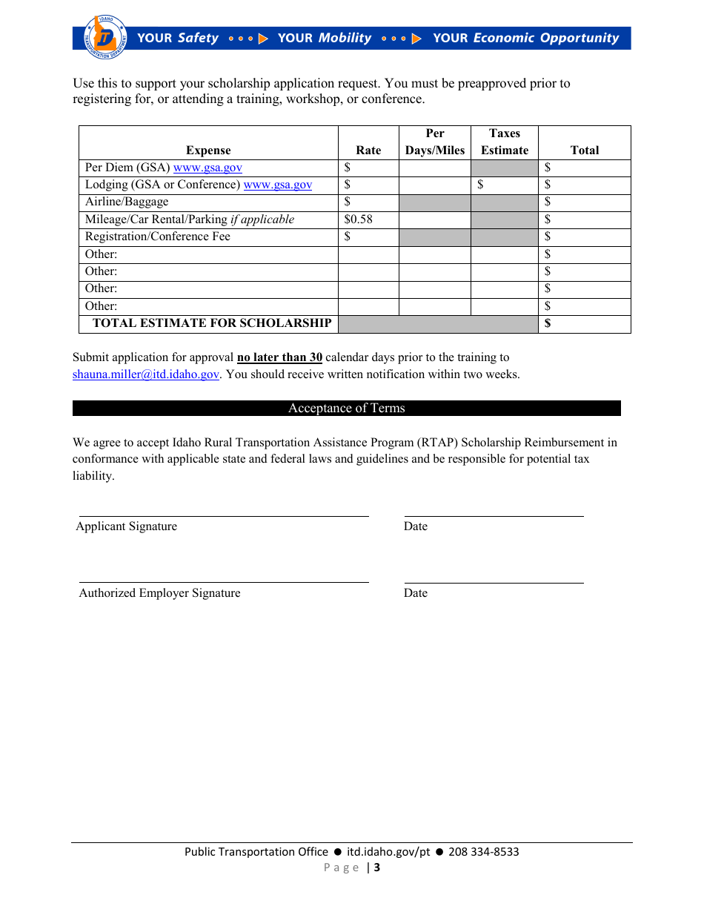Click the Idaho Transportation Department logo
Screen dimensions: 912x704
(x=106, y=37)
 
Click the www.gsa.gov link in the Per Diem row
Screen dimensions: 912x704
(x=207, y=168)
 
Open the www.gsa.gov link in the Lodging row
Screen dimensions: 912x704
(x=278, y=185)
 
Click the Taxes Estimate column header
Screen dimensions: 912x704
(x=505, y=142)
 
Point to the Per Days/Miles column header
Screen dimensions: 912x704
(x=435, y=142)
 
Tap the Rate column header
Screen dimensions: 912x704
(x=368, y=150)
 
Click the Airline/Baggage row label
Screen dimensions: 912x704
(x=127, y=202)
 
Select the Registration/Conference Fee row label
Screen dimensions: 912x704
(x=158, y=237)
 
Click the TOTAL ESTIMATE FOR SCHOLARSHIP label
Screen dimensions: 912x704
(x=212, y=323)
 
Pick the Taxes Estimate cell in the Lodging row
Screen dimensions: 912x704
(x=504, y=185)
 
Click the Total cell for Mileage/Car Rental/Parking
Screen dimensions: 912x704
(x=584, y=219)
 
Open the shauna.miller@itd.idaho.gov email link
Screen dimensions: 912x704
(x=146, y=374)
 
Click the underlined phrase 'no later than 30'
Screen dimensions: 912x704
(x=279, y=357)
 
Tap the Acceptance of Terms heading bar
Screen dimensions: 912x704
(x=347, y=409)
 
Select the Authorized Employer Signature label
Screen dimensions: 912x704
(x=160, y=593)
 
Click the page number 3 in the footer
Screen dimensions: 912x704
(x=376, y=868)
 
